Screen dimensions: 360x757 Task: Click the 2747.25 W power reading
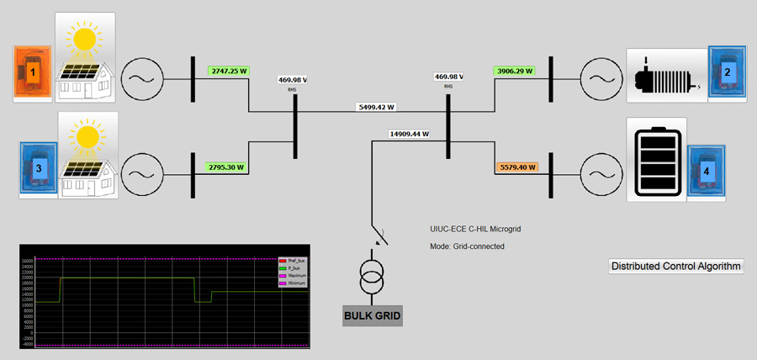point(230,71)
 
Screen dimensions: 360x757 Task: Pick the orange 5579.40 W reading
point(516,167)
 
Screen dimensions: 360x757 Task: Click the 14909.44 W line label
point(410,134)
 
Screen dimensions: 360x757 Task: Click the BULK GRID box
point(373,316)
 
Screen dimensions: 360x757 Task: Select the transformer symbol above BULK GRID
point(371,278)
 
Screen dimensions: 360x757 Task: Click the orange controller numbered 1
point(33,74)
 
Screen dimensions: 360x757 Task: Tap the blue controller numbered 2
point(726,72)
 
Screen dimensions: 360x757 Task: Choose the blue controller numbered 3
point(39,169)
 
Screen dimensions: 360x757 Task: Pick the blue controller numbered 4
point(706,171)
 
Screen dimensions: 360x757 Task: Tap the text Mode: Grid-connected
point(467,246)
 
